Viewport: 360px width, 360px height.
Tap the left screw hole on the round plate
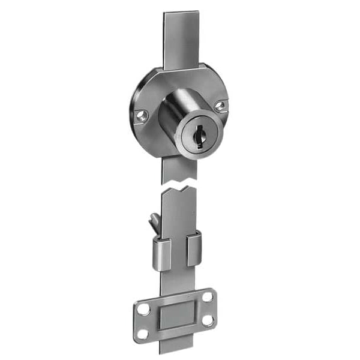(x=142, y=115)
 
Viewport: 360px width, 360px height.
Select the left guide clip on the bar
(x=161, y=252)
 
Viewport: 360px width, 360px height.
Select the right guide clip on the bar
(x=194, y=248)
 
